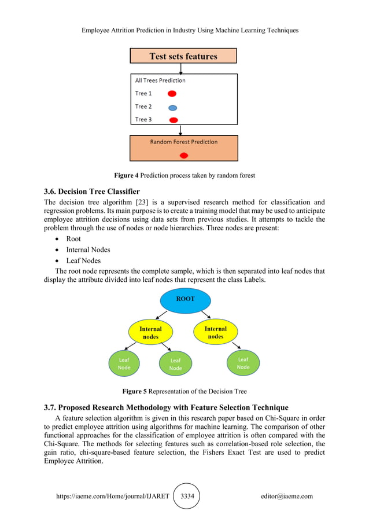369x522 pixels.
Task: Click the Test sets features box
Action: pos(183,56)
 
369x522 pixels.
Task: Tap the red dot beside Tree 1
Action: pos(172,93)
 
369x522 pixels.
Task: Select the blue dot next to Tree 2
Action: pos(172,107)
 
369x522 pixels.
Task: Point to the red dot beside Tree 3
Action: pos(172,120)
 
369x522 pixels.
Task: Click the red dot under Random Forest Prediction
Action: pos(184,155)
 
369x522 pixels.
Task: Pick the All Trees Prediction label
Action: pos(160,80)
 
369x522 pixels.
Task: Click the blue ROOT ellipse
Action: pos(185,300)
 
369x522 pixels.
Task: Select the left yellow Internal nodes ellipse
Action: pos(150,332)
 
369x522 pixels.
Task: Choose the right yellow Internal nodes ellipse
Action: pos(215,332)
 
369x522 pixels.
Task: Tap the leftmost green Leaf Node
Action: pos(124,363)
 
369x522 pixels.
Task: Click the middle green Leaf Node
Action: pos(175,364)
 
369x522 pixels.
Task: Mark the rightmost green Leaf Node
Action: pos(243,363)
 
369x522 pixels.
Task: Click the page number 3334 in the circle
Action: pos(186,496)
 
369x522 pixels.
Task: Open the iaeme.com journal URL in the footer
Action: pos(113,496)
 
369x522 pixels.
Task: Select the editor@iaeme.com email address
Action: pos(286,496)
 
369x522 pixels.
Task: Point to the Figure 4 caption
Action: pos(184,175)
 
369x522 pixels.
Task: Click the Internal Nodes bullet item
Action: pos(88,250)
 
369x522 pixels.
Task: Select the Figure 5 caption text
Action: pos(184,391)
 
